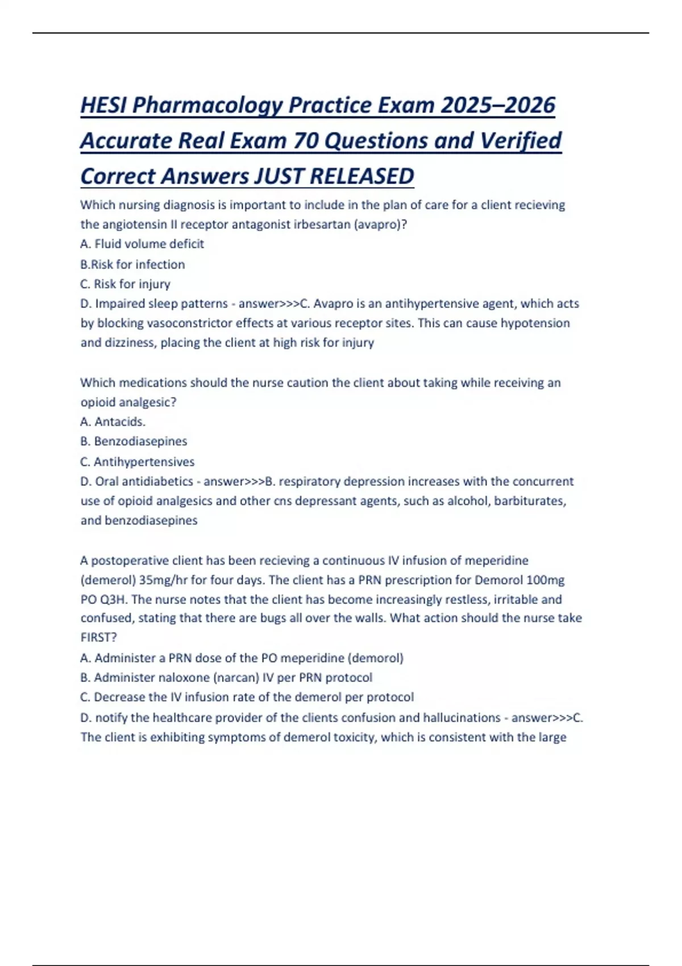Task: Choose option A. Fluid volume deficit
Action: click(x=142, y=244)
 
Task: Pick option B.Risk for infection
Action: click(x=132, y=264)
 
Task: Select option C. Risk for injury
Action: click(x=125, y=284)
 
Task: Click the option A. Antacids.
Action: click(x=113, y=422)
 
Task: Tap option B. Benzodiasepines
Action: click(x=134, y=442)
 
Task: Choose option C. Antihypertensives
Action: click(x=137, y=461)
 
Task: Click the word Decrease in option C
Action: click(x=119, y=697)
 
